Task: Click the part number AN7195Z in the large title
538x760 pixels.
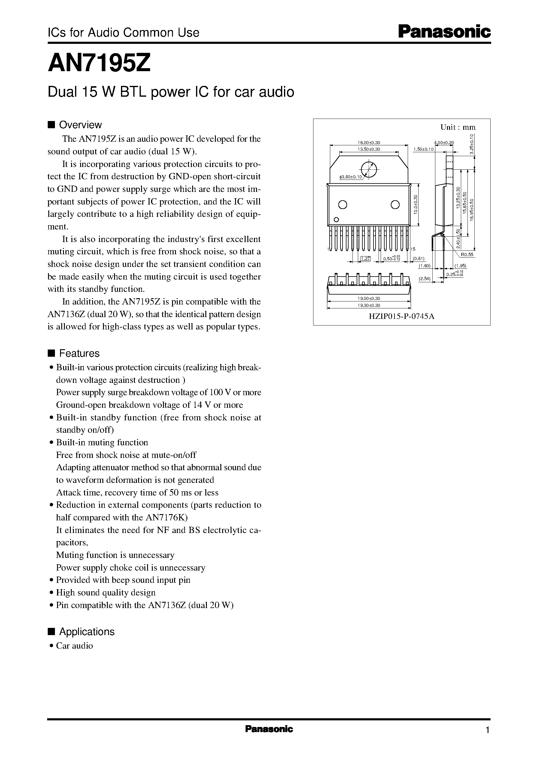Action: pos(99,63)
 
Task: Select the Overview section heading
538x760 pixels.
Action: pos(80,125)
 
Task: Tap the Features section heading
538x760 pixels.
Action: pos(79,353)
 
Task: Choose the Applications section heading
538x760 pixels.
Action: pos(86,631)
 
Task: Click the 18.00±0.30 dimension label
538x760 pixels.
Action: pos(369,142)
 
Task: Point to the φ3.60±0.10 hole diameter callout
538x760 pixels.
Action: pos(351,177)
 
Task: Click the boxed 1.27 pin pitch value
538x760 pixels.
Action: pos(365,259)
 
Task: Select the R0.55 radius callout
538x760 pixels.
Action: pos(467,254)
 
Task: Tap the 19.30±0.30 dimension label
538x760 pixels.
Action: pos(369,305)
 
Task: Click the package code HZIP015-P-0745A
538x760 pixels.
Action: pos(401,316)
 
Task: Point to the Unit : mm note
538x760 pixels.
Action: pos(458,127)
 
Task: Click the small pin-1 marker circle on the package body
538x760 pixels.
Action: pos(336,219)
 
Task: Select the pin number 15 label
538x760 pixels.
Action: pos(413,249)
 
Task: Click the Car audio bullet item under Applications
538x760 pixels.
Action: pos(74,646)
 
